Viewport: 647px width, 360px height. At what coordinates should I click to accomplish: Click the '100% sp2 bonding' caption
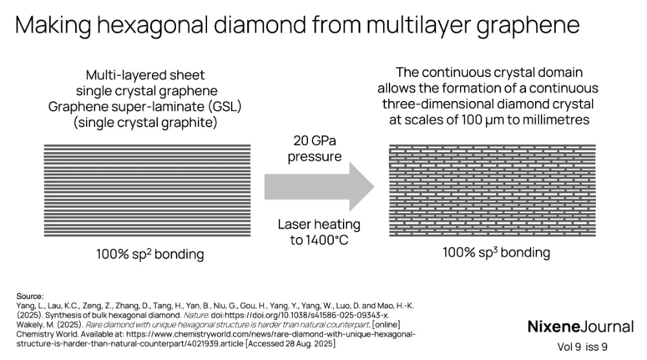coord(149,254)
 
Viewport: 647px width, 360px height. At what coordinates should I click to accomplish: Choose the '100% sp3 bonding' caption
coord(496,252)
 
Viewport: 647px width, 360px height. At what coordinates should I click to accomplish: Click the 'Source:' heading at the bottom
coord(30,295)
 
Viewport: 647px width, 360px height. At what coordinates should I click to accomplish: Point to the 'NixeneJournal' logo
coord(580,326)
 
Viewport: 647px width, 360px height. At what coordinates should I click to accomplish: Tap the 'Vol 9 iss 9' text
coord(582,347)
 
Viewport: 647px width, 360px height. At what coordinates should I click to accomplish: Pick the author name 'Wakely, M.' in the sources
coord(33,324)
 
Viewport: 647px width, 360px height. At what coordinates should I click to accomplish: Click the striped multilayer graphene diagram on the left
coord(147,190)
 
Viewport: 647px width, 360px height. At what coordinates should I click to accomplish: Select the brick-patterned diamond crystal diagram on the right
coord(492,190)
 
